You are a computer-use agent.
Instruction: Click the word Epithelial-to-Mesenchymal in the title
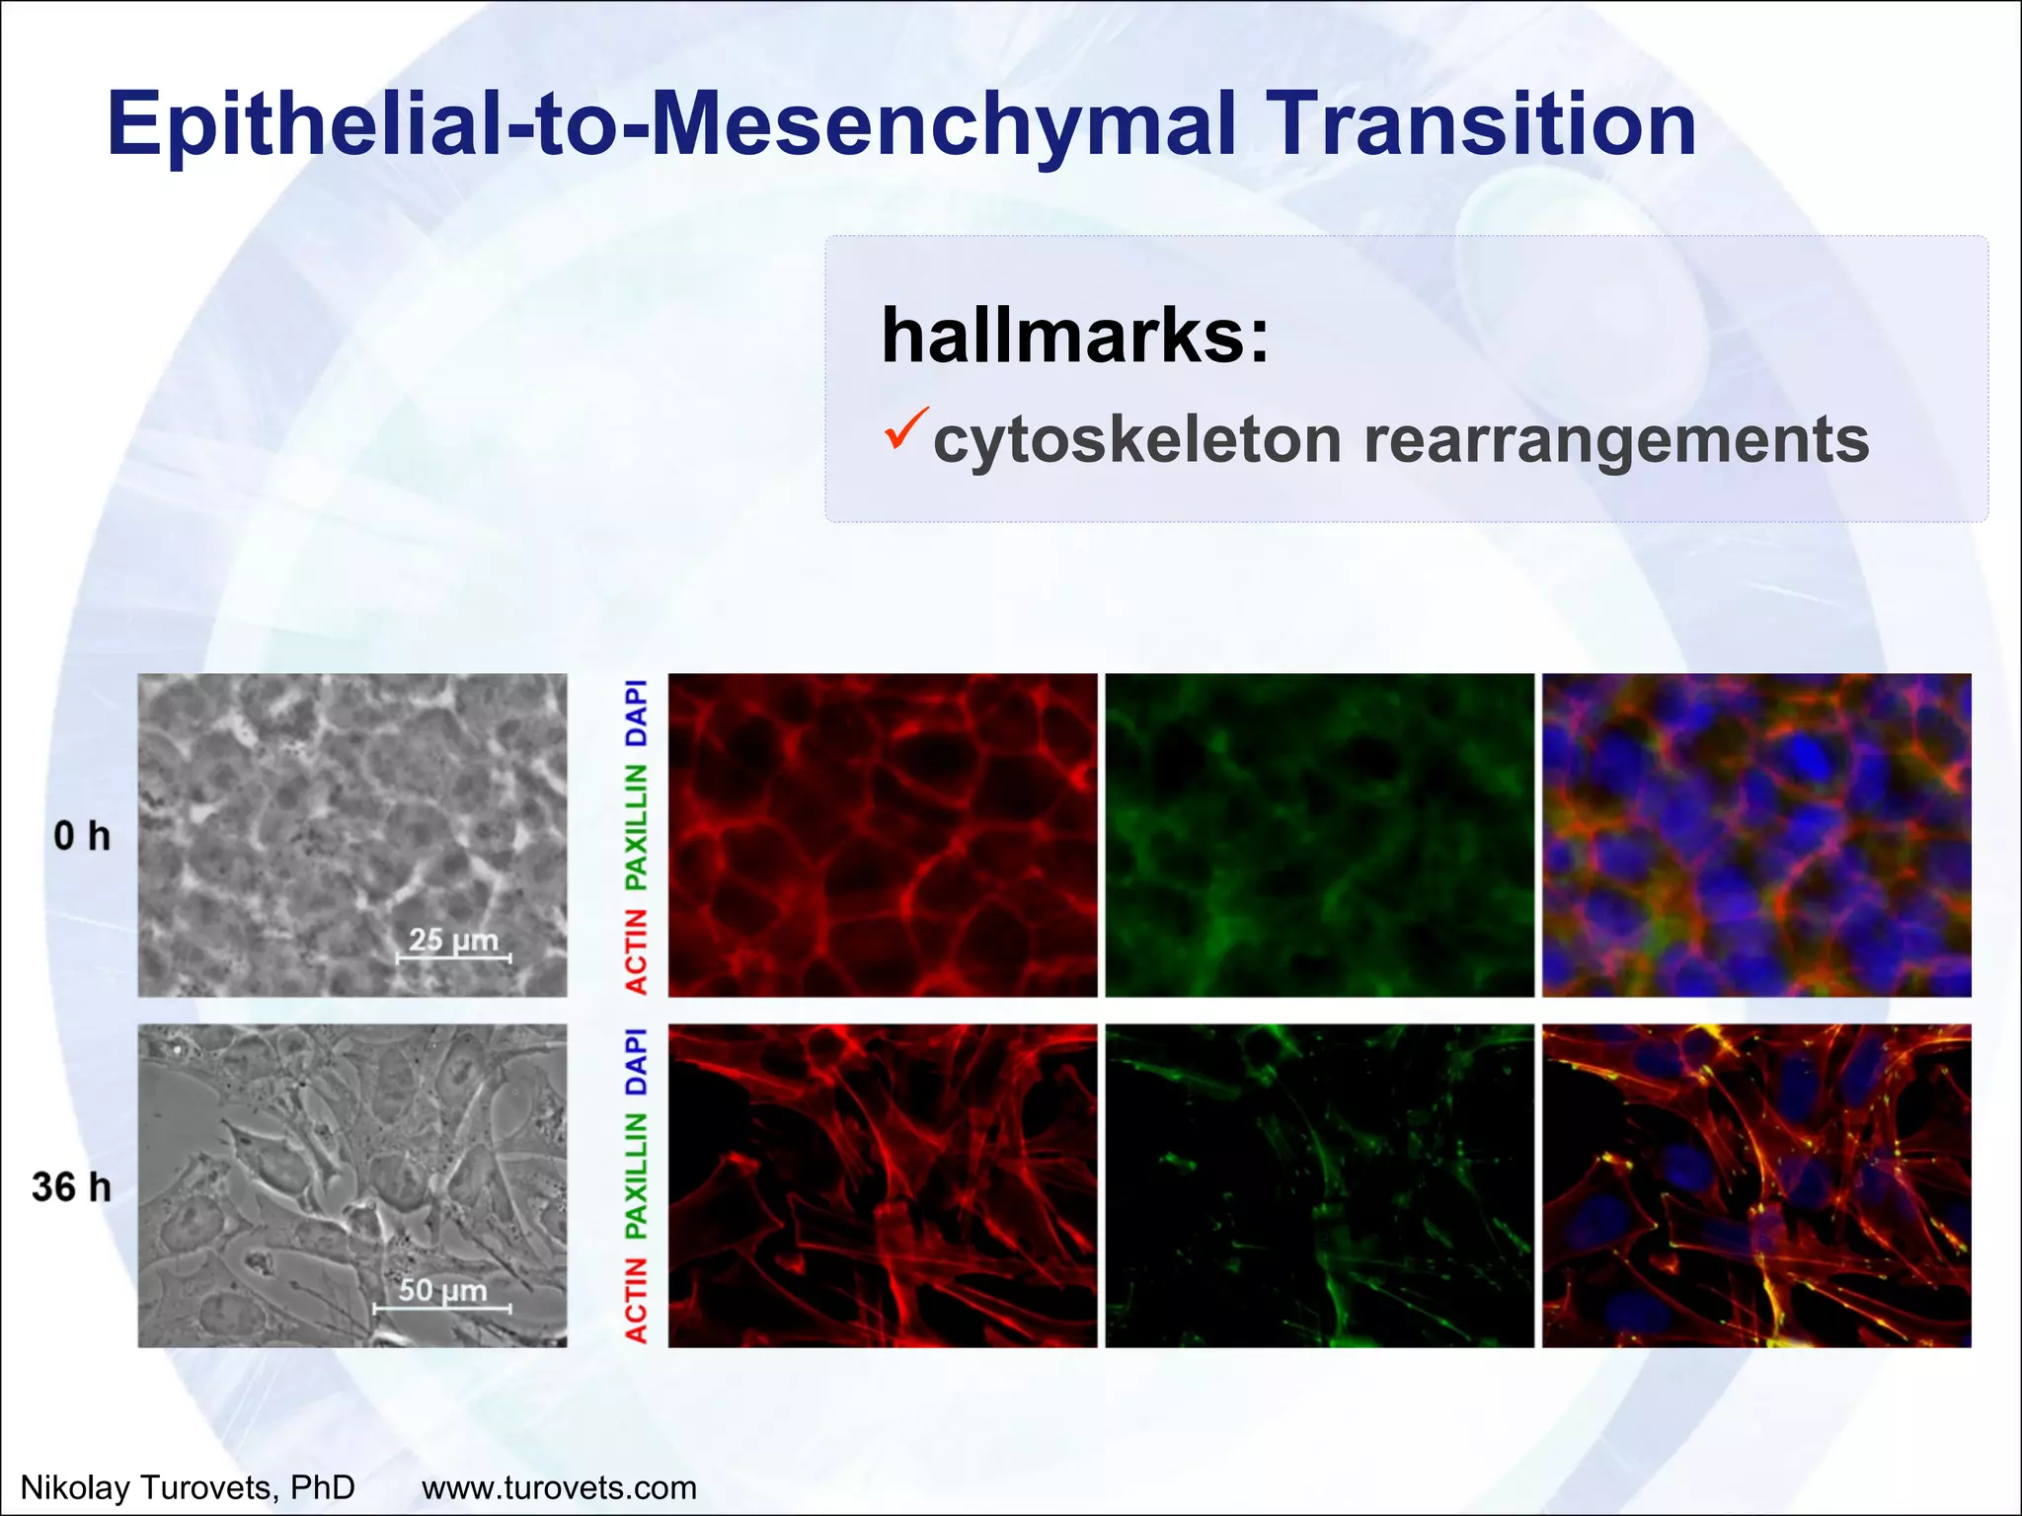pyautogui.click(x=671, y=124)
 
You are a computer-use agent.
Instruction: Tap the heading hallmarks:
pyautogui.click(x=1074, y=336)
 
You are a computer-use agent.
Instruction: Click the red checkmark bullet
pyautogui.click(x=904, y=427)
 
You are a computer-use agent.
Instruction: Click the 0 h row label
pyautogui.click(x=82, y=836)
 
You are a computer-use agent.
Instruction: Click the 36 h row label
pyautogui.click(x=71, y=1186)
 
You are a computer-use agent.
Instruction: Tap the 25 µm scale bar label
pyautogui.click(x=453, y=940)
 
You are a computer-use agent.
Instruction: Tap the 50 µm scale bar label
pyautogui.click(x=442, y=1290)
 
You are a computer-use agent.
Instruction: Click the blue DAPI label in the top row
pyautogui.click(x=637, y=713)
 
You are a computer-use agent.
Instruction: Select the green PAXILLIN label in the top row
pyautogui.click(x=637, y=826)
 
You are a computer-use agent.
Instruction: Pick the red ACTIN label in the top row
pyautogui.click(x=637, y=951)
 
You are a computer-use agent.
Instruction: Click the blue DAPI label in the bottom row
pyautogui.click(x=637, y=1062)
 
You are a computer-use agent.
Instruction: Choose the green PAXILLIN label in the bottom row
pyautogui.click(x=637, y=1176)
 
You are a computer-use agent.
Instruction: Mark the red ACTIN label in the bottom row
pyautogui.click(x=637, y=1301)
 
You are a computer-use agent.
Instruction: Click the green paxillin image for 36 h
pyautogui.click(x=1319, y=1185)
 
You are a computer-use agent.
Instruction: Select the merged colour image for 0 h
pyautogui.click(x=1756, y=835)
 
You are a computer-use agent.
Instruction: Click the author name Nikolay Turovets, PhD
pyautogui.click(x=188, y=1486)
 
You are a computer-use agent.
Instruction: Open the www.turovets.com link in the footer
pyautogui.click(x=559, y=1486)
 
